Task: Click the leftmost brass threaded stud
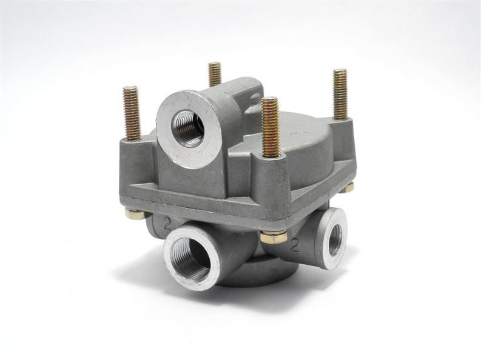tap(131, 113)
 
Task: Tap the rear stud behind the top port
tap(215, 73)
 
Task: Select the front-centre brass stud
tap(271, 127)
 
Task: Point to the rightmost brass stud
tap(340, 93)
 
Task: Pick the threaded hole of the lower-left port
tap(190, 259)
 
